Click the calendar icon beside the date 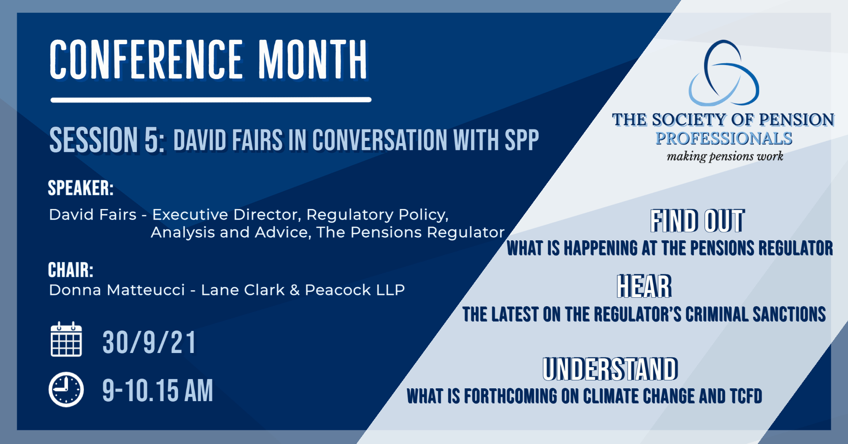(x=66, y=339)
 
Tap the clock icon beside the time (x=66, y=390)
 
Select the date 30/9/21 (x=149, y=342)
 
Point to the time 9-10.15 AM (x=158, y=390)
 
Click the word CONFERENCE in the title (x=147, y=60)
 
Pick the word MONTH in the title (x=313, y=60)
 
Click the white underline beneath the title (x=211, y=100)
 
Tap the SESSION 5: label (x=107, y=140)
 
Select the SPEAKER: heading (x=81, y=188)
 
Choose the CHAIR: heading (x=71, y=270)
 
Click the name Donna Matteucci (x=117, y=290)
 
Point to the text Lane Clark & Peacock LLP (x=303, y=290)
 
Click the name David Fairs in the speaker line (x=93, y=215)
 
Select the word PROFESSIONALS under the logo (x=724, y=138)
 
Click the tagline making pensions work (x=725, y=156)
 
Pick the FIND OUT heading (x=697, y=221)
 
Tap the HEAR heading (x=644, y=286)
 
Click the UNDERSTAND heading (x=610, y=369)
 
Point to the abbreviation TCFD (x=746, y=396)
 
